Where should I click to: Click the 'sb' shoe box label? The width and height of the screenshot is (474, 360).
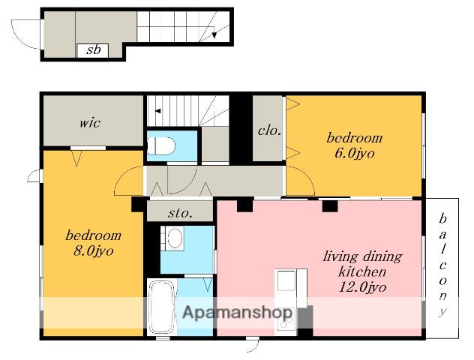point(93,49)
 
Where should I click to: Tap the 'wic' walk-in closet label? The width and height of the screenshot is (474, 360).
point(90,123)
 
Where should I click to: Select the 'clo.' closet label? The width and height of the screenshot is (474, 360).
point(270,130)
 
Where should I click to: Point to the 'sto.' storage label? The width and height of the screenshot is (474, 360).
point(180,213)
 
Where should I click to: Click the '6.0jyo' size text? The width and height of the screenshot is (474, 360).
point(355,154)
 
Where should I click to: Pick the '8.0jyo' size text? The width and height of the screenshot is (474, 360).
point(94,251)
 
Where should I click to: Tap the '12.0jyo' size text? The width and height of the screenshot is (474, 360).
point(362,286)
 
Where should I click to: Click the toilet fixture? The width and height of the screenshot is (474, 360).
point(161,145)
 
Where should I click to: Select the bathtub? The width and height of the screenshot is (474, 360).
point(161,307)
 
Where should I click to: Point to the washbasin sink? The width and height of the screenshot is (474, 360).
point(175,238)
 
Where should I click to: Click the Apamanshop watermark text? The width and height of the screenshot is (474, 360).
point(238,313)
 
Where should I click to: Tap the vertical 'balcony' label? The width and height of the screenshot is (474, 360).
point(442,265)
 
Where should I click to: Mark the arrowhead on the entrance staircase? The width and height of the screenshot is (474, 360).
point(214,34)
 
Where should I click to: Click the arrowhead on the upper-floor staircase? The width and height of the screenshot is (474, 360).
point(157,111)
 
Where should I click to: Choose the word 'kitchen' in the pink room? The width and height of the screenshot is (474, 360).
point(362,271)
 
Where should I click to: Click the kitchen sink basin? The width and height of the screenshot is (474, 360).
point(286,280)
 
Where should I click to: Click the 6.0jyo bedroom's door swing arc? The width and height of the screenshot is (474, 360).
point(304,178)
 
